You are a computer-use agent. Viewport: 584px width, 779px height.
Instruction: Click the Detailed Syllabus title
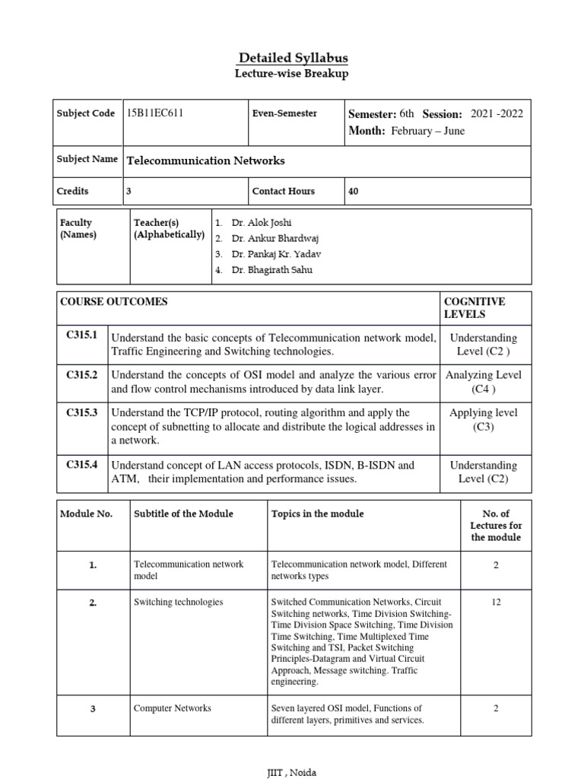(x=293, y=59)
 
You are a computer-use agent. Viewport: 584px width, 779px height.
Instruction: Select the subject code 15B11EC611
(x=155, y=113)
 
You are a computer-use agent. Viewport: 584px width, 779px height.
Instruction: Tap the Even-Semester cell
(x=284, y=113)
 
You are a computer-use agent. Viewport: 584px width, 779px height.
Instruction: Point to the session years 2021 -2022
(x=497, y=114)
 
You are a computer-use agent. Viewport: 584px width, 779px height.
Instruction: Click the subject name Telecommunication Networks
(x=205, y=161)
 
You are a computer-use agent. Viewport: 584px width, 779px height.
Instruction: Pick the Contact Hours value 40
(x=353, y=192)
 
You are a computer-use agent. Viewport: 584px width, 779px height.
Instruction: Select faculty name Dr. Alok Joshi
(x=262, y=223)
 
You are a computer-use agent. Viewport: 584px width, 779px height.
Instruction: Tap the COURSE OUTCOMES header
(x=114, y=301)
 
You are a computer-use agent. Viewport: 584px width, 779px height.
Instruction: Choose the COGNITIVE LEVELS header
(x=474, y=307)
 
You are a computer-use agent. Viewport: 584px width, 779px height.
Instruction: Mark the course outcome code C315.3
(x=82, y=412)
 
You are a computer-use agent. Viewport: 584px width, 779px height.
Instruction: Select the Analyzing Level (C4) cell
(x=483, y=382)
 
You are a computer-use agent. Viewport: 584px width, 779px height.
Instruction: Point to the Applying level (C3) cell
(x=483, y=419)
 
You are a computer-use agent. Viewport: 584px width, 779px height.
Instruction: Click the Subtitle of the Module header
(x=183, y=514)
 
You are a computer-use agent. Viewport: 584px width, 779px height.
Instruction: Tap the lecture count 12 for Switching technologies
(x=496, y=602)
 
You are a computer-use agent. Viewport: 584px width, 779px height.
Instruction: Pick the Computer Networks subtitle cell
(x=173, y=708)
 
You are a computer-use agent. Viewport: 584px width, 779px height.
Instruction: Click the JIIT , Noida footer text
(x=292, y=773)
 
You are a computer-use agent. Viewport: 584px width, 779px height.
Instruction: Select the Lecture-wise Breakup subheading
(x=293, y=74)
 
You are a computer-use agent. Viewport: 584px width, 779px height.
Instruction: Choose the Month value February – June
(x=427, y=131)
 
